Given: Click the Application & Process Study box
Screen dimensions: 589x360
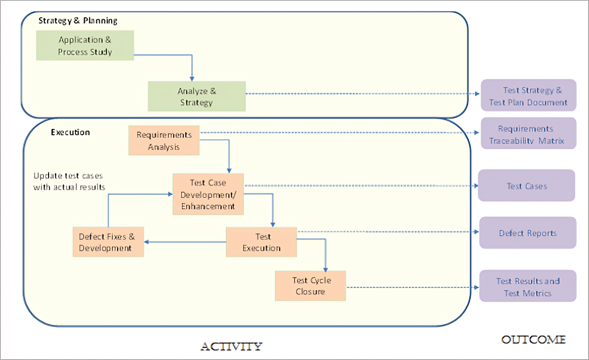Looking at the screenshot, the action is point(85,46).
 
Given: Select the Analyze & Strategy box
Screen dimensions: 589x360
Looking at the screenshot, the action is point(197,96).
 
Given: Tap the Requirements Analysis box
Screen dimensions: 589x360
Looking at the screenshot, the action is point(164,141).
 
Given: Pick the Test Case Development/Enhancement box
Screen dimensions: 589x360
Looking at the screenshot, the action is point(208,194).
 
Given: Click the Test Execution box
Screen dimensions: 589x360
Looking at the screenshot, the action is point(261,242).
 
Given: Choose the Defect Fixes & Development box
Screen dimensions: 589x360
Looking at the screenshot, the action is point(108,242).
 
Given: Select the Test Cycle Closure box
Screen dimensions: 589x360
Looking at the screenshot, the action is point(310,286).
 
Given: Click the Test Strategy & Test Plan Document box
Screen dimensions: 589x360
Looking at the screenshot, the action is point(528,95).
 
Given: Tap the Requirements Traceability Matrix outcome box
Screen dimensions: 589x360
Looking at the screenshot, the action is point(528,133).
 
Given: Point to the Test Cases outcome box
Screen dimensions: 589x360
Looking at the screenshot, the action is point(526,185).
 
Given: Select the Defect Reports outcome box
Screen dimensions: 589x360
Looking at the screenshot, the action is point(528,233).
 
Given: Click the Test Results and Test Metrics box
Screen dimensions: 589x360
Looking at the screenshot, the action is point(528,286).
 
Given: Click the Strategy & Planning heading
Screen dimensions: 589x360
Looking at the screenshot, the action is point(78,21).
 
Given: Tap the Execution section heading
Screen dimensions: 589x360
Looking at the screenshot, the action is point(70,132).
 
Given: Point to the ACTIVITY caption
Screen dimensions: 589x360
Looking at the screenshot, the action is point(231,347).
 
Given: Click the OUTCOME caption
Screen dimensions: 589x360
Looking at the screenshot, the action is point(534,340).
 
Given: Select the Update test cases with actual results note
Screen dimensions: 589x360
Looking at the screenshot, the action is point(69,181).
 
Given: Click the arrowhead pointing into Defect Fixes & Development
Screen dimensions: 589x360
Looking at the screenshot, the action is point(146,242).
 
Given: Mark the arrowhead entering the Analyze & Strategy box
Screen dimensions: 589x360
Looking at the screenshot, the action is point(192,79).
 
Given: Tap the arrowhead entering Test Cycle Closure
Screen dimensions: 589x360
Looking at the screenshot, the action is point(325,270).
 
